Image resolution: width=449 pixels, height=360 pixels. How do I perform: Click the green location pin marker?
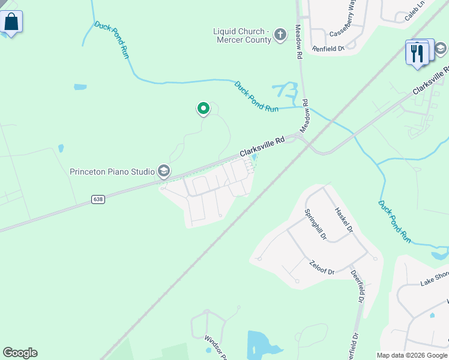(x=203, y=109)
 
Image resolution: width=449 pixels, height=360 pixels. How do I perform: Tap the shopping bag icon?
(x=11, y=22)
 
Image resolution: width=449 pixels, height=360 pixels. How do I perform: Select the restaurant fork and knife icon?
(x=417, y=53)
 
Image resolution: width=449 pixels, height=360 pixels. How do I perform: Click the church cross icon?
(x=280, y=36)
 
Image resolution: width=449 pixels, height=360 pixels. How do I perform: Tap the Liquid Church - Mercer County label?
(x=240, y=35)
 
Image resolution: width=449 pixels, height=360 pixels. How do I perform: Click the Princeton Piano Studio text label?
(x=112, y=172)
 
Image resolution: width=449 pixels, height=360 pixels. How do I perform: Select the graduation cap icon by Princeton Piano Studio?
(x=163, y=172)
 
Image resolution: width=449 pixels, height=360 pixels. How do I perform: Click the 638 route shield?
(x=98, y=199)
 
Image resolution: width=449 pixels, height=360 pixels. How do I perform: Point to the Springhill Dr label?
(x=315, y=225)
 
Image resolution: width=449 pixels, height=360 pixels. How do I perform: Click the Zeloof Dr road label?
(x=322, y=268)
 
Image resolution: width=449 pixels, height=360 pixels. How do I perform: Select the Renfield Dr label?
(x=328, y=49)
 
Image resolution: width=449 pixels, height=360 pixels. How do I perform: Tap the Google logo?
(x=20, y=353)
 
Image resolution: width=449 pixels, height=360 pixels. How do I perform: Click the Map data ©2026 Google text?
(x=412, y=355)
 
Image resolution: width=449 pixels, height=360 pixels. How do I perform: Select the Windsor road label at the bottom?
(x=215, y=347)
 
